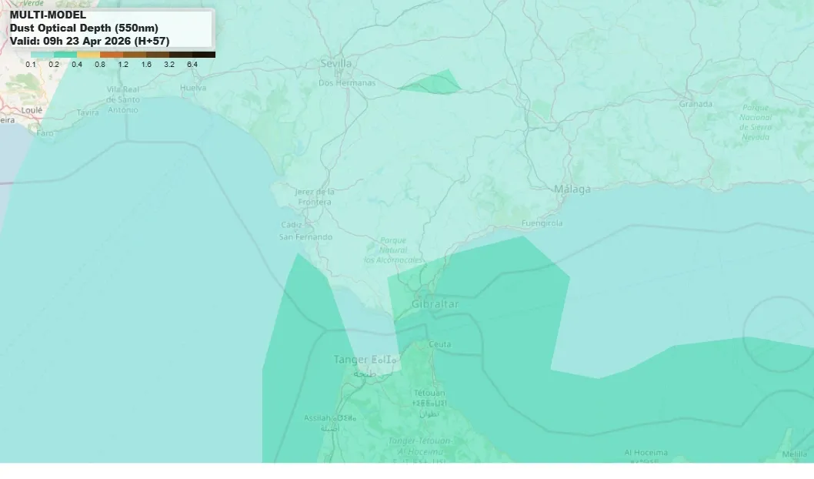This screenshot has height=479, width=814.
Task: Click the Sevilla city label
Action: coord(335,63)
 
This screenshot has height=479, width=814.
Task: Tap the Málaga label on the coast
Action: coord(572,189)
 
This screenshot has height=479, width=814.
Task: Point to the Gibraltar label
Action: coord(435,304)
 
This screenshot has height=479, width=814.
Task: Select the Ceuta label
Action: coord(440,343)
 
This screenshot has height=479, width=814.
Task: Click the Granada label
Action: coord(695,103)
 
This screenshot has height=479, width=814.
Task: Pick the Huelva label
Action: coord(192,88)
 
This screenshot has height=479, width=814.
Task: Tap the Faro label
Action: coord(45,133)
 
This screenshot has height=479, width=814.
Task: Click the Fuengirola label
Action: coord(542,223)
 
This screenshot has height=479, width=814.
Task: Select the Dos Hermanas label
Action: coord(347,82)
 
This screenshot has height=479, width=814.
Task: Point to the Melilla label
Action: coord(795,454)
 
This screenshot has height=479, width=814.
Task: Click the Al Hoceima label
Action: coord(646,453)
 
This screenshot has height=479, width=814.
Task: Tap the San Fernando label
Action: coord(305,237)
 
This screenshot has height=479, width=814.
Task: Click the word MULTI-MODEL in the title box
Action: coord(48,15)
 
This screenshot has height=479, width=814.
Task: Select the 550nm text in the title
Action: coord(136,28)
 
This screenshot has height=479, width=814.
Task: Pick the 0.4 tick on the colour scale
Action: coord(77,65)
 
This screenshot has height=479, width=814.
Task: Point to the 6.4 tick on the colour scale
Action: coord(192,65)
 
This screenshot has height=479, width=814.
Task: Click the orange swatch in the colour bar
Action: coord(112,55)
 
